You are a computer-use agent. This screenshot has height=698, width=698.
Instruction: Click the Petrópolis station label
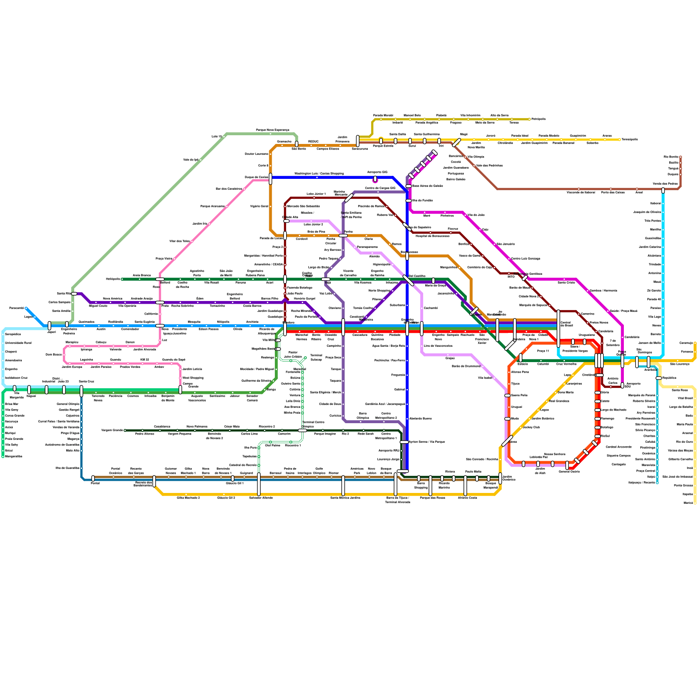click(x=539, y=119)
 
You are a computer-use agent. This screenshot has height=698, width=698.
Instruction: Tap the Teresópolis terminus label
click(x=630, y=140)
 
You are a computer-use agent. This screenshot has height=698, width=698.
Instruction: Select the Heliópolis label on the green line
click(x=113, y=279)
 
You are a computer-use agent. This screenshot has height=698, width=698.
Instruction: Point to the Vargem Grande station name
click(x=112, y=430)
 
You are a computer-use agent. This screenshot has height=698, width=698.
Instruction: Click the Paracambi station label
click(x=17, y=308)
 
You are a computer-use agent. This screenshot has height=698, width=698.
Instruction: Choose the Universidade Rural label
click(x=18, y=343)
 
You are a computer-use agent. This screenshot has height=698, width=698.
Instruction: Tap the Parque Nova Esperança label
click(x=272, y=130)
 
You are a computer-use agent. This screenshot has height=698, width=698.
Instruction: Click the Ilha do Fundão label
click(x=422, y=200)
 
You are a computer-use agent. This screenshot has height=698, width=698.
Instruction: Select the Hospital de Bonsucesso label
click(x=432, y=236)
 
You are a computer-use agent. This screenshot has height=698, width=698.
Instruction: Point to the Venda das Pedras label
click(x=665, y=184)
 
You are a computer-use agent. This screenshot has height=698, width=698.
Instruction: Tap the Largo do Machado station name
click(x=613, y=410)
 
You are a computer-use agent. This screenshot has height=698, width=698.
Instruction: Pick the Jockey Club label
click(x=531, y=427)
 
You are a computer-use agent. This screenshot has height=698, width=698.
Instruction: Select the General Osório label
click(x=569, y=472)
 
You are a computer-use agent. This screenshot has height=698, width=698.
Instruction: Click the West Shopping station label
click(x=193, y=378)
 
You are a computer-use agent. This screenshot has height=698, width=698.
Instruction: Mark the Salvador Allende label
click(x=261, y=498)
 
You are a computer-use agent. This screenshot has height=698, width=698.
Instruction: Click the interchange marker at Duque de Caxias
click(x=270, y=178)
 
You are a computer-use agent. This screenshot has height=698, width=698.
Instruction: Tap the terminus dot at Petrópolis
click(x=530, y=119)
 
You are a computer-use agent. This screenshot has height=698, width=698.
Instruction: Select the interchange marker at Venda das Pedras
click(x=663, y=190)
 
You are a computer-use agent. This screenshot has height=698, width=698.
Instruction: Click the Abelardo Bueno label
click(x=421, y=418)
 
